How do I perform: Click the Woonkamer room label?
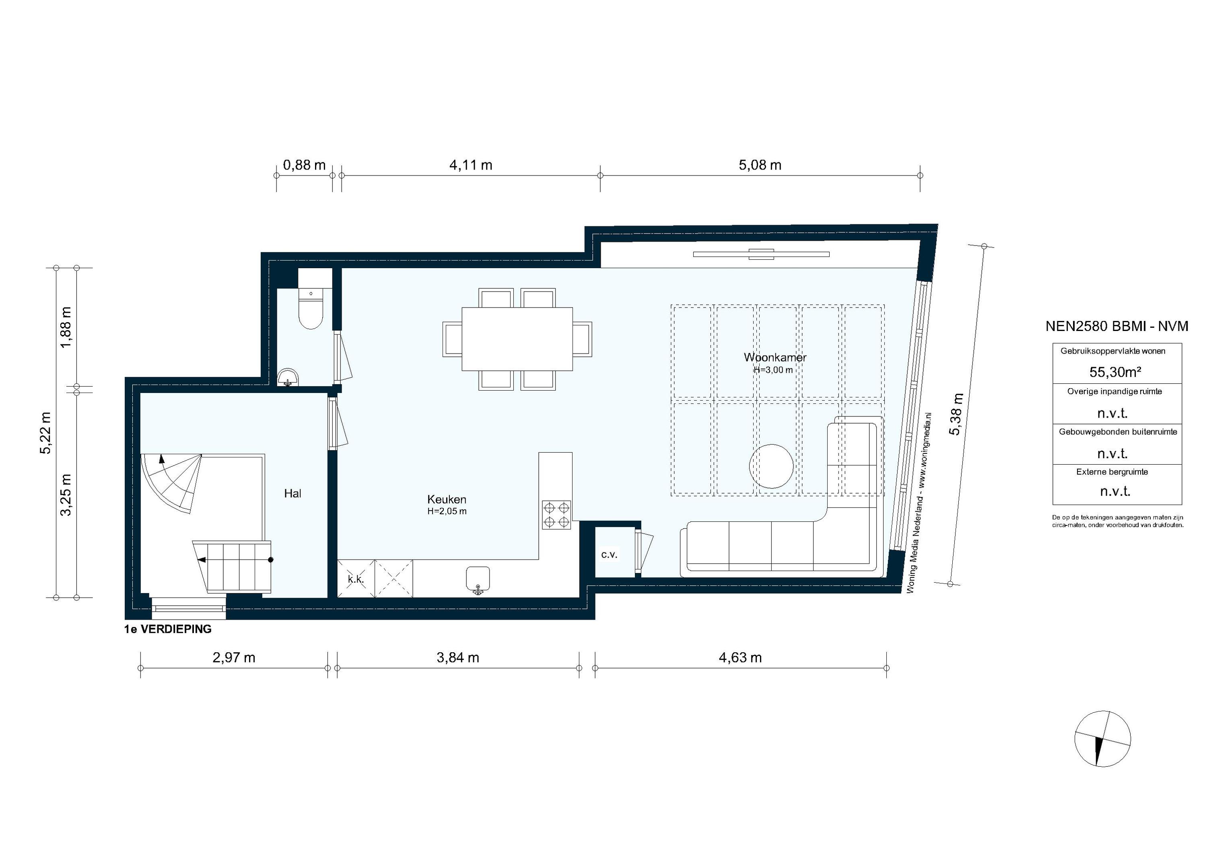tap(775, 357)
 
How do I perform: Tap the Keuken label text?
tap(446, 499)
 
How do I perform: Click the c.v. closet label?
tap(609, 554)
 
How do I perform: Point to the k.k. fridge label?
tap(356, 579)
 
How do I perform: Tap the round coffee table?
tap(771, 466)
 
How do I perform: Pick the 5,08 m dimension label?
tap(760, 165)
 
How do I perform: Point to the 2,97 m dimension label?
tap(234, 658)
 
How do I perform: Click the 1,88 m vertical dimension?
tap(66, 327)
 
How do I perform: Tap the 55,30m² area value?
tap(1115, 372)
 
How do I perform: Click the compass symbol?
tap(1102, 738)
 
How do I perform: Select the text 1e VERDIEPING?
tap(168, 629)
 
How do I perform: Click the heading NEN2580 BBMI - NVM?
tap(1116, 326)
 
